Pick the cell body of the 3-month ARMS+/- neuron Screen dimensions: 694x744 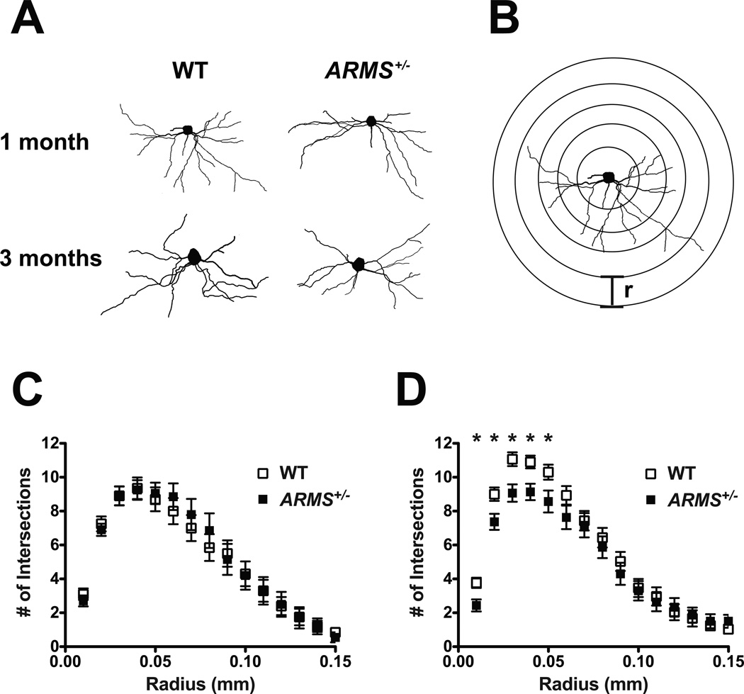tap(359, 264)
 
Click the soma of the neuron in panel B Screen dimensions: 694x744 tap(607, 177)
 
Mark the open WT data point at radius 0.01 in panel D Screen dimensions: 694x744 tap(477, 583)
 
